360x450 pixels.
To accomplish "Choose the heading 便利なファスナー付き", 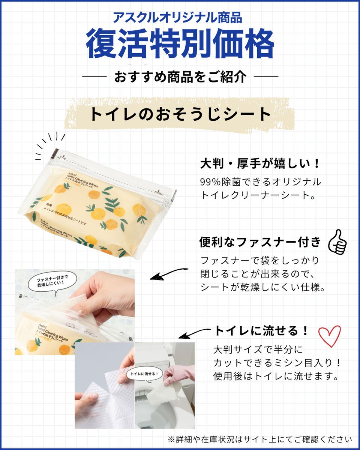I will click(260, 242).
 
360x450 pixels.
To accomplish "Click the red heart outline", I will click(329, 336).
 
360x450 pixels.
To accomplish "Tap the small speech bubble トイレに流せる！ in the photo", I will click(145, 374).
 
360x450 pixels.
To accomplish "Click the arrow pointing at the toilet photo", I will click(194, 333).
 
